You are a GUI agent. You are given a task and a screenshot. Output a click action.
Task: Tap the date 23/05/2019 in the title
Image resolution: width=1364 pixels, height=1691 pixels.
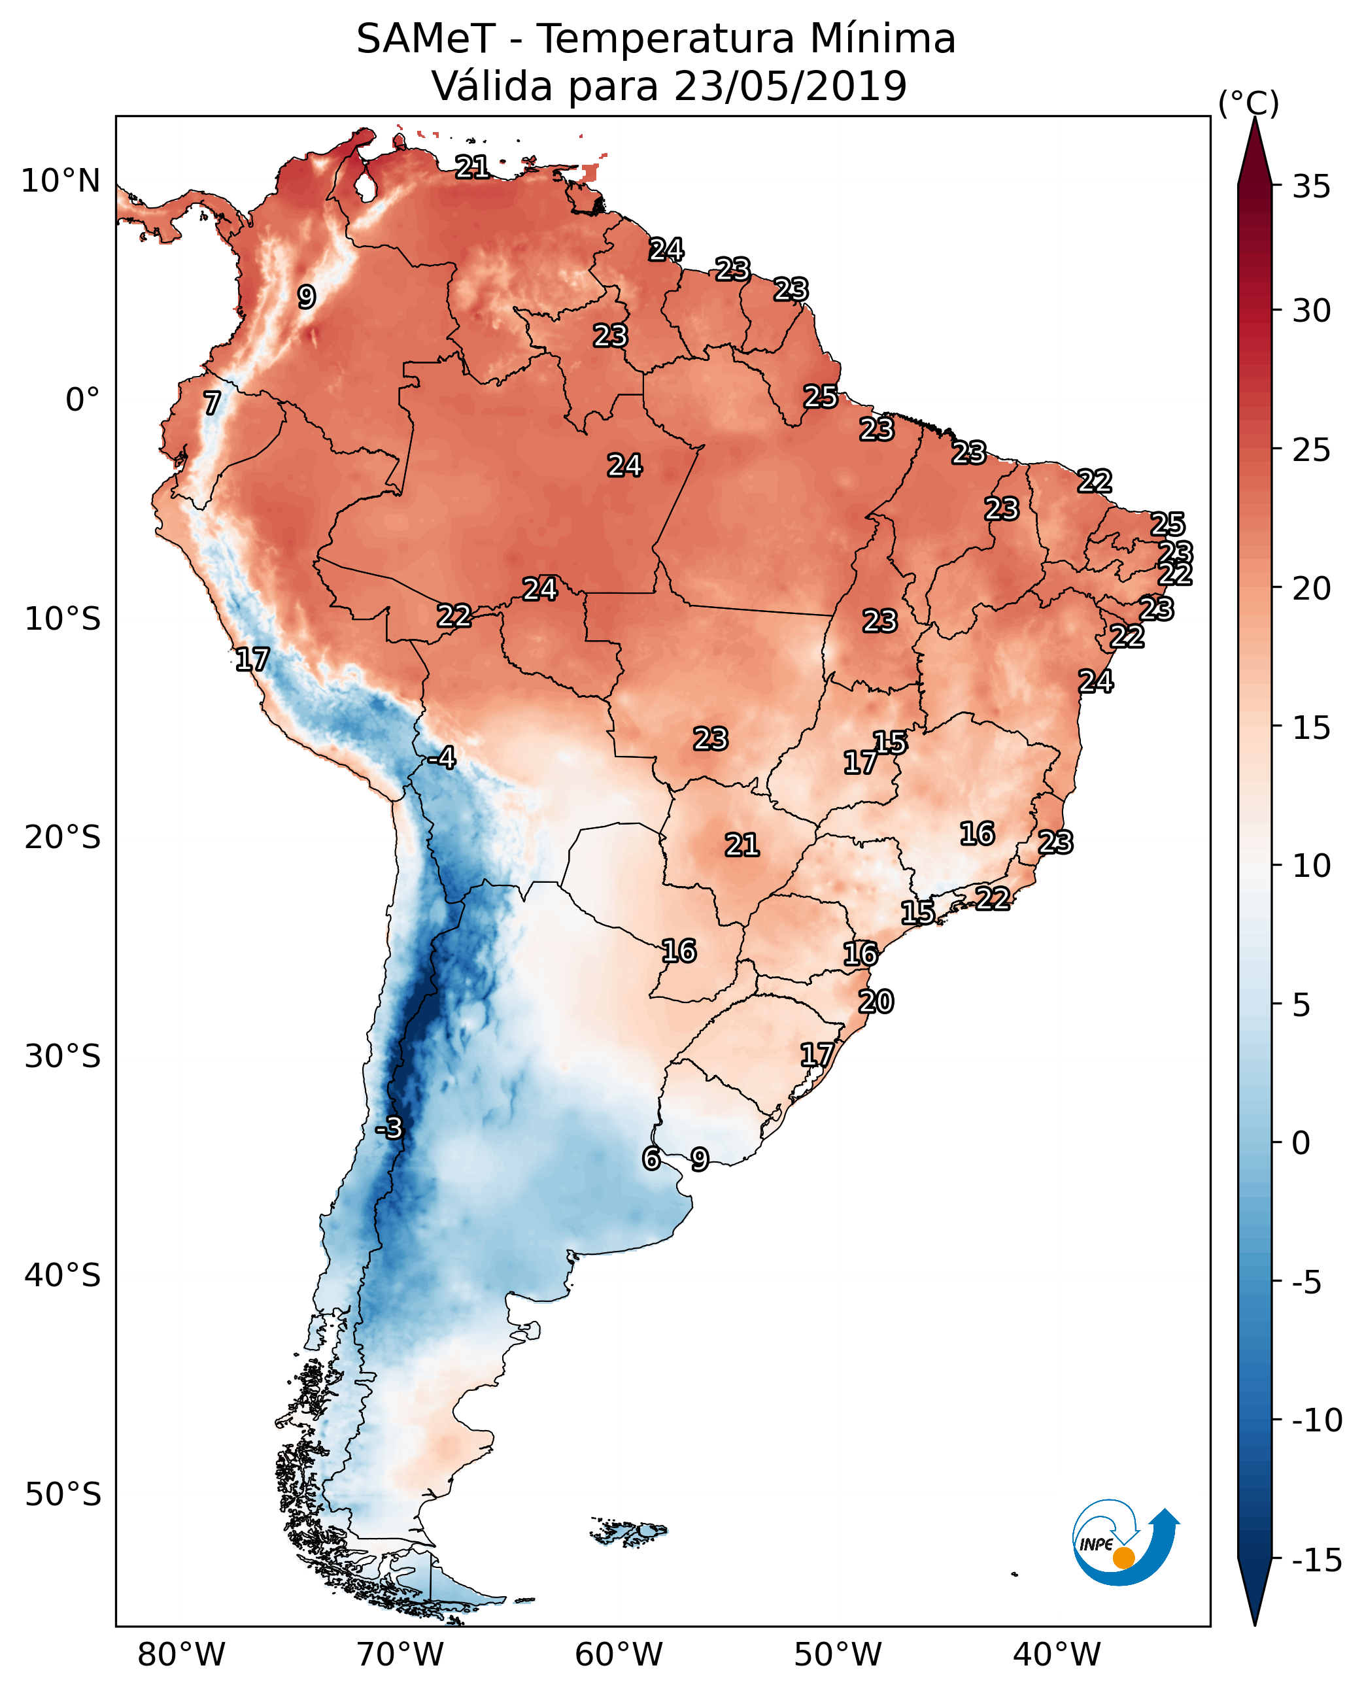pos(790,86)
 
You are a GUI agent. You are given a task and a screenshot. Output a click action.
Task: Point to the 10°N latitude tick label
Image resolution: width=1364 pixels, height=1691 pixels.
pos(61,182)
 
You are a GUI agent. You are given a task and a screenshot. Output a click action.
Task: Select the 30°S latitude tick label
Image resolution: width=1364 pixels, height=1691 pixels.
pos(62,1056)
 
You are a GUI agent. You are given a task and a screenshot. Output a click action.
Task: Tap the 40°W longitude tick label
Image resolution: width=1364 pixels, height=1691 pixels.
pos(1056,1655)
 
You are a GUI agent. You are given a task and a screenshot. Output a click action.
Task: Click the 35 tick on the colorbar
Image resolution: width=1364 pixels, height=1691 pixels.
pos(1311,187)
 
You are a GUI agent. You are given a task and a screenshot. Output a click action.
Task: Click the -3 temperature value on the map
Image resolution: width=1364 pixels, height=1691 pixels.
pos(389,1127)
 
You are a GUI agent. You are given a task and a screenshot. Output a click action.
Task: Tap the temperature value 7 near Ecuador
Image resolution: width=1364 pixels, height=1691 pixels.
pos(212,403)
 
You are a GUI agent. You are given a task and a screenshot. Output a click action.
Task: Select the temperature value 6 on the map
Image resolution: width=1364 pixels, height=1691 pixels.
pos(651,1158)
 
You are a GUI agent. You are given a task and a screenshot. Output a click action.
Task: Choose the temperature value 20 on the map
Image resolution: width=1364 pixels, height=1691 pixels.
pos(876,1002)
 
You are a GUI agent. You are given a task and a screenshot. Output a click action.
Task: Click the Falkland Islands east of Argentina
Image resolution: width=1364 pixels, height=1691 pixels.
pos(628,1531)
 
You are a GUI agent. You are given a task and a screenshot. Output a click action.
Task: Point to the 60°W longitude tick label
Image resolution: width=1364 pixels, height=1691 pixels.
pos(619,1655)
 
